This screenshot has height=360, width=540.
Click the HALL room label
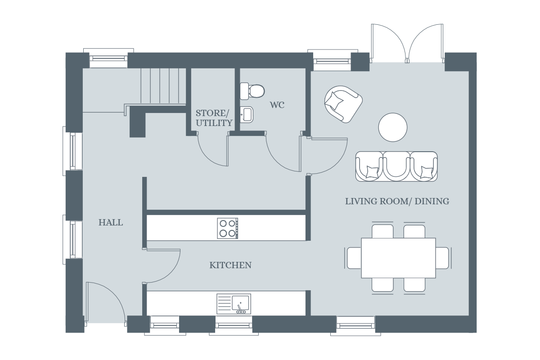pos(111,222)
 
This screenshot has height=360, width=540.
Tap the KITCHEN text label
pos(230,265)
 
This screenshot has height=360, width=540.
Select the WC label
pos(277,105)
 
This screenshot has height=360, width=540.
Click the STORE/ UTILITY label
pos(214,117)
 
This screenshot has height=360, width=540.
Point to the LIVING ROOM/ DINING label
pos(397,201)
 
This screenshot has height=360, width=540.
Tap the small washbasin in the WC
pos(246,114)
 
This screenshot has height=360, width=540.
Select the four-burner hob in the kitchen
pos(228,228)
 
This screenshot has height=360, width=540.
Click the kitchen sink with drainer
pos(234,304)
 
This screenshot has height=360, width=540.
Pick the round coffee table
pos(392,127)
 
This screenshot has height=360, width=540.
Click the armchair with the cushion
pos(342,103)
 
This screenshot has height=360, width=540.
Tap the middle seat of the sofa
pos(396,166)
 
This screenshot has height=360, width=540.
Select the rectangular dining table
pos(398,258)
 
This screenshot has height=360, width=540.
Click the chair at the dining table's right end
pos(443,258)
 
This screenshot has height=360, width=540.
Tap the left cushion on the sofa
pos(372,172)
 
